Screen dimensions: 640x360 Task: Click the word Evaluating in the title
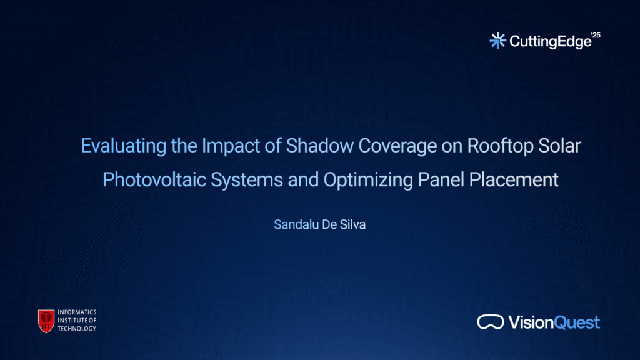(x=123, y=146)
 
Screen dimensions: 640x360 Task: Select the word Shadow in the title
(x=319, y=146)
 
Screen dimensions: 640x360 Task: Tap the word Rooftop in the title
(x=500, y=146)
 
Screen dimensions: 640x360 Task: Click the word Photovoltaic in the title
(x=154, y=179)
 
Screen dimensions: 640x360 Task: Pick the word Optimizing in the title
(x=368, y=180)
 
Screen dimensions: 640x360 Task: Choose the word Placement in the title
(x=514, y=179)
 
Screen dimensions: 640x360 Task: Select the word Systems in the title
(x=246, y=180)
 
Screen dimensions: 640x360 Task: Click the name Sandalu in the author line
(x=296, y=224)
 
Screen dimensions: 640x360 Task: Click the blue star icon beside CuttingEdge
(x=497, y=41)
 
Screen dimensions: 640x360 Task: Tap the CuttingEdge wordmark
(x=551, y=42)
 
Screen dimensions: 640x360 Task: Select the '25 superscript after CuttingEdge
(x=596, y=35)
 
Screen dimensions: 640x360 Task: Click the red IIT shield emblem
(x=46, y=321)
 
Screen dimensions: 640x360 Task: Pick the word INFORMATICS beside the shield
(x=77, y=312)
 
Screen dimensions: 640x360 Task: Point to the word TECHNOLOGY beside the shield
(x=77, y=329)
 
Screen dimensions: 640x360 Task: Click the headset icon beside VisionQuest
(x=491, y=322)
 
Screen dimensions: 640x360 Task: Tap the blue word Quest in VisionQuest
(x=577, y=322)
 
